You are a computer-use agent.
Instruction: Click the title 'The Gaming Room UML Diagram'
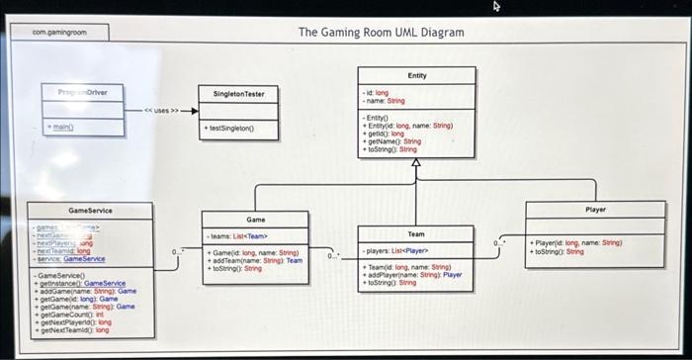click(x=381, y=33)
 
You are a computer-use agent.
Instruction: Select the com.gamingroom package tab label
click(x=59, y=33)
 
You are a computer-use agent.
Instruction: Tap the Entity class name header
click(x=416, y=75)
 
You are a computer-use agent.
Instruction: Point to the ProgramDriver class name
click(x=83, y=92)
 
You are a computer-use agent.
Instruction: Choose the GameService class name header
click(x=90, y=211)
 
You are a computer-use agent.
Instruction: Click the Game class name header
click(x=256, y=219)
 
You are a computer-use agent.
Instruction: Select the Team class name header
click(x=416, y=233)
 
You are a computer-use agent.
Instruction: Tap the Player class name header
click(x=595, y=210)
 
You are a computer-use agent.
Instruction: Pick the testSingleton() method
click(x=229, y=129)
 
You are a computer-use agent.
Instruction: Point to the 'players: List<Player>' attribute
click(x=395, y=251)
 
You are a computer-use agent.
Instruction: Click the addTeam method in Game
click(x=254, y=260)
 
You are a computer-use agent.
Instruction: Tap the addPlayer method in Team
click(x=413, y=274)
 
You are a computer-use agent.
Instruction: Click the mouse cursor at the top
click(x=497, y=6)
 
